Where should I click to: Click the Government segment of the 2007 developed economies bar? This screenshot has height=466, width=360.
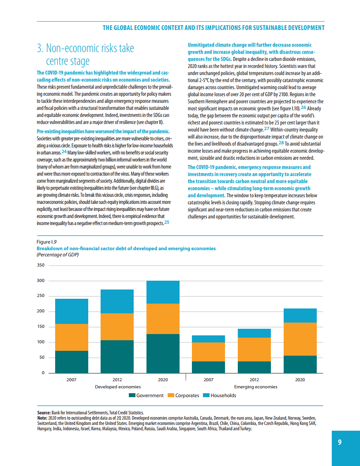(x=71, y=362)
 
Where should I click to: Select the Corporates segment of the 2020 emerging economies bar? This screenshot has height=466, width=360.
(x=300, y=339)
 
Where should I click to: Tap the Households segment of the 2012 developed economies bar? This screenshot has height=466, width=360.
(x=117, y=301)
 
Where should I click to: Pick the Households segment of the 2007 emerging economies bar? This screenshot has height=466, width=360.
(x=209, y=339)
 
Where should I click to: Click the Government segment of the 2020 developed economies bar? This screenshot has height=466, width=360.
(x=163, y=353)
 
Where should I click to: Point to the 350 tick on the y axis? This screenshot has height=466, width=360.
(x=41, y=265)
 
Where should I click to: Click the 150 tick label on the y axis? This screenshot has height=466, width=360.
(x=41, y=327)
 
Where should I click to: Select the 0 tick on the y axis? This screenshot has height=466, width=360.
(x=43, y=373)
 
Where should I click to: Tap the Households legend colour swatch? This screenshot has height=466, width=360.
(x=206, y=395)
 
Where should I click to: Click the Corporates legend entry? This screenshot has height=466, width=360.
(x=184, y=395)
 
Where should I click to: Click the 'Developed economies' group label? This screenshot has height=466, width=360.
(x=118, y=387)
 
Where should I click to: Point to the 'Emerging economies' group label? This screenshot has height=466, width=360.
(x=255, y=387)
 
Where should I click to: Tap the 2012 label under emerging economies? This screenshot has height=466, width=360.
(x=254, y=380)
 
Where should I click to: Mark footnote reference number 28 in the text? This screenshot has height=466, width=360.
(x=281, y=143)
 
